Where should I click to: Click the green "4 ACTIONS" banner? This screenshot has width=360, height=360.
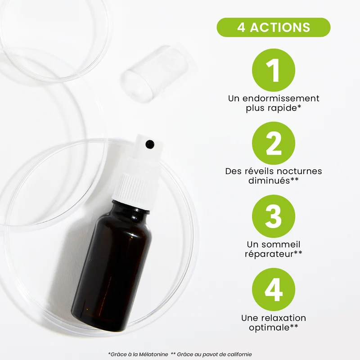[x=274, y=27]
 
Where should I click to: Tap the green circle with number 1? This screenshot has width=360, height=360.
[x=274, y=70]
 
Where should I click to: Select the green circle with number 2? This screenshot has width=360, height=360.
[x=274, y=143]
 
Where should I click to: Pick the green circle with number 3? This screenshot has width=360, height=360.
[x=274, y=216]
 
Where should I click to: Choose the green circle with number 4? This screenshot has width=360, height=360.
[x=274, y=289]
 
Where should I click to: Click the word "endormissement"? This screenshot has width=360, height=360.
[x=281, y=98]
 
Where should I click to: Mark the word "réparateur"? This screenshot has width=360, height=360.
[x=269, y=254]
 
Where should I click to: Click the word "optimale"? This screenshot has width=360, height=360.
[x=269, y=328]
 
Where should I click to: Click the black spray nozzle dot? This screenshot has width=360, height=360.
[x=150, y=144]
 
